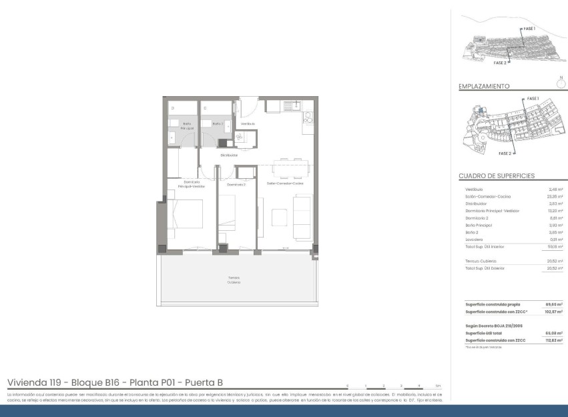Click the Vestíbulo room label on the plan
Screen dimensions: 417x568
pos(248,124)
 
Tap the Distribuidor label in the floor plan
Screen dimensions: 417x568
pos(229,155)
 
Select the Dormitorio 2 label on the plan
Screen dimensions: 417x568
pos(236,184)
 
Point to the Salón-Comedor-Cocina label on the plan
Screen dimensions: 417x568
pos(285,183)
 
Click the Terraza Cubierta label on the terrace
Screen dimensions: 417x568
pos(233,280)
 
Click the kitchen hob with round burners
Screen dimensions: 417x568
pos(308,119)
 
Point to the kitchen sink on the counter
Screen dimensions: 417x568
pos(290,105)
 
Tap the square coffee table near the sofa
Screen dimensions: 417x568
pos(278,216)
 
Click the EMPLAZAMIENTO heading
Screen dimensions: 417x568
pos(484,86)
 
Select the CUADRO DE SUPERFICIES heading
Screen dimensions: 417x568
pos(497,176)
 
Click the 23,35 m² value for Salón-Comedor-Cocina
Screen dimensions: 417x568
pos(555,197)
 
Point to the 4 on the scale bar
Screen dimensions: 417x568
pos(419,386)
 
